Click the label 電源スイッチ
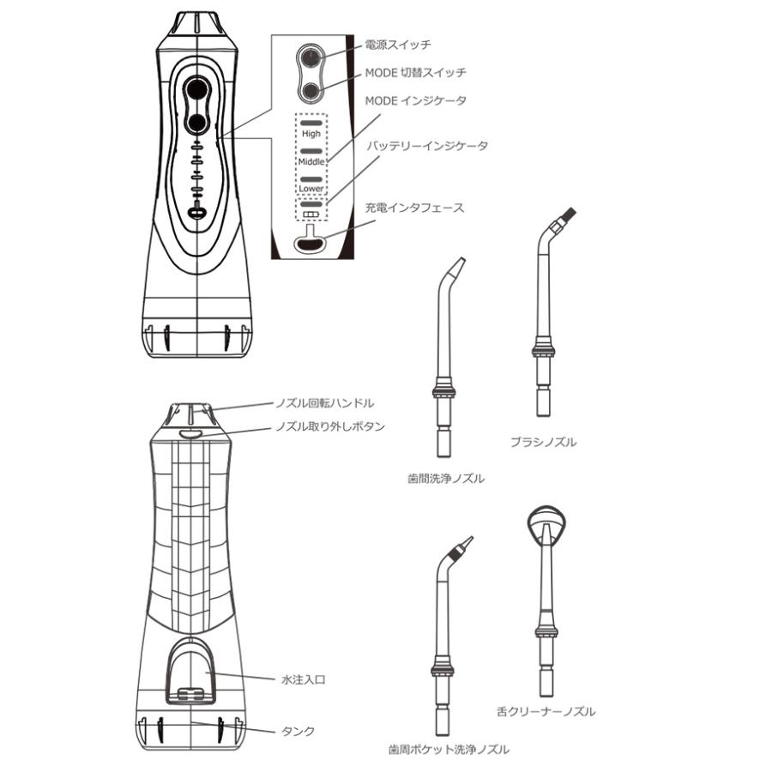pyautogui.click(x=397, y=43)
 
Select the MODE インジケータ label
pyautogui.click(x=416, y=100)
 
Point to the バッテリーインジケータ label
pyautogui.click(x=427, y=146)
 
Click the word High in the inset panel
pyautogui.click(x=311, y=134)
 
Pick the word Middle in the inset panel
pyautogui.click(x=311, y=161)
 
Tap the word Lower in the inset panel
pyautogui.click(x=311, y=188)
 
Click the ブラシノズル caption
pyautogui.click(x=542, y=443)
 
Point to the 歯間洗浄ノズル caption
pyautogui.click(x=446, y=479)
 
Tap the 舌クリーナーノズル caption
pyautogui.click(x=546, y=711)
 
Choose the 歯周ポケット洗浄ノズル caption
pyautogui.click(x=448, y=749)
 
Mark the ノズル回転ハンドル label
pyautogui.click(x=323, y=401)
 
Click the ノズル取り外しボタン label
pyautogui.click(x=329, y=425)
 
